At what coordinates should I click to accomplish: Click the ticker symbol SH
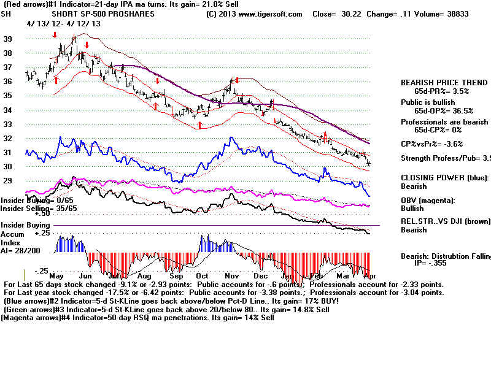coord(6,13)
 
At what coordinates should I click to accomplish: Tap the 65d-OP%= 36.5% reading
coord(445,111)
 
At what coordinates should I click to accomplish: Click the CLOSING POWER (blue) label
coord(444,177)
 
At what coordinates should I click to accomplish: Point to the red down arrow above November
coord(237,80)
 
